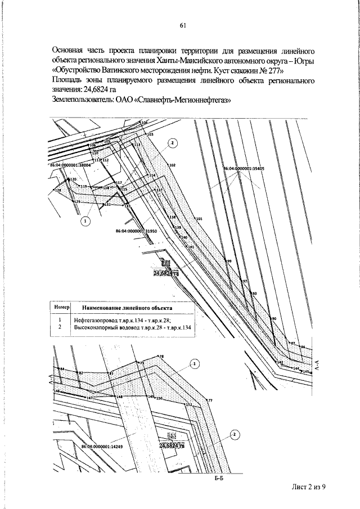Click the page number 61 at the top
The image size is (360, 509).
click(x=183, y=25)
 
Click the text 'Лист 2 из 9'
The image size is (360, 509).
click(x=309, y=488)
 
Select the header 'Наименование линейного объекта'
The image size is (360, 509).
click(x=127, y=308)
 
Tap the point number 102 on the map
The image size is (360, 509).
click(x=172, y=165)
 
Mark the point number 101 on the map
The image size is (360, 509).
click(x=199, y=218)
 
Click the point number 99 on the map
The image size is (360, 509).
click(x=228, y=262)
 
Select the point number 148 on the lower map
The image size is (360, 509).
click(x=119, y=397)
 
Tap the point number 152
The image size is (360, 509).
click(x=189, y=404)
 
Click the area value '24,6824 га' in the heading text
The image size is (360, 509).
click(x=100, y=90)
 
